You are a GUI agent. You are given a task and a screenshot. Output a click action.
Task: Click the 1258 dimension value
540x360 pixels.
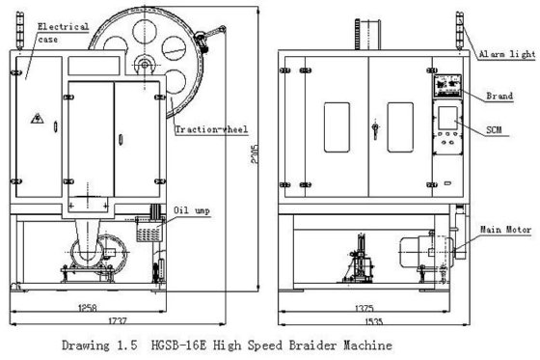coord(87,308)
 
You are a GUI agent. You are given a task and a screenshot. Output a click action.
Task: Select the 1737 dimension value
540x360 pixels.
coord(118,320)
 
